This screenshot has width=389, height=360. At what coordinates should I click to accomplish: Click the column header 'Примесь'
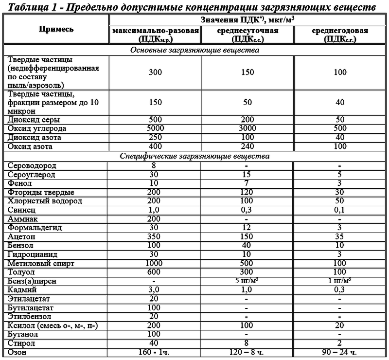coord(56,29)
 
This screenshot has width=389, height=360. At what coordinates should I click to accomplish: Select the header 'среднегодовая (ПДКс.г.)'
coord(340,35)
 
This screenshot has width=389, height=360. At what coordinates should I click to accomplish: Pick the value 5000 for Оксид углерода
coord(156,129)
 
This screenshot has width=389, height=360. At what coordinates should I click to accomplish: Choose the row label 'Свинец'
coord(21,210)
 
